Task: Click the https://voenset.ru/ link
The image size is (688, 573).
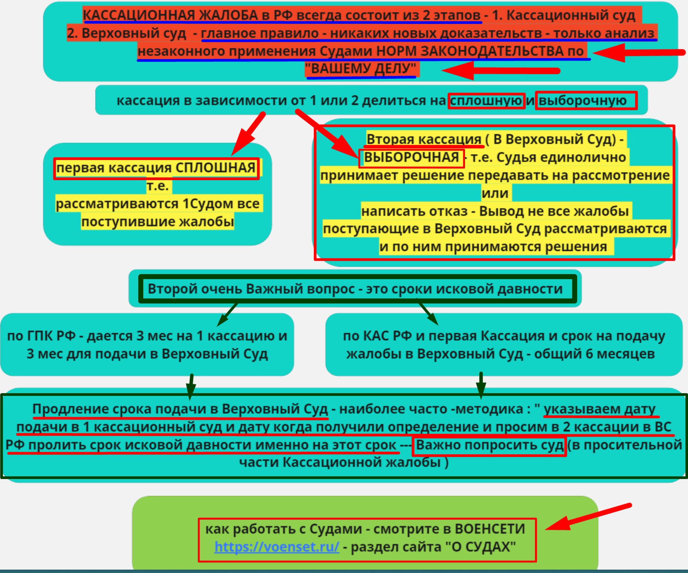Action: [x=277, y=547]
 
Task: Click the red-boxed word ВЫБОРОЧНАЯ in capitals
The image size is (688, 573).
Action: [x=411, y=158]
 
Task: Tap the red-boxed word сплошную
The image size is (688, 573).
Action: [x=486, y=101]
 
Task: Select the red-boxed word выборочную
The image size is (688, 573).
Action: [x=583, y=101]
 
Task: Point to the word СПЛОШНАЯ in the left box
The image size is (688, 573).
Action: [x=215, y=168]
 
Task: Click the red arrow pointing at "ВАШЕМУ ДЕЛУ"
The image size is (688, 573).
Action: [x=500, y=71]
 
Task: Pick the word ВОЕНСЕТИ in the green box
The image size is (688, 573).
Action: [x=490, y=529]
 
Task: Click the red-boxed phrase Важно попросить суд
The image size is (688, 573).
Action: [x=490, y=445]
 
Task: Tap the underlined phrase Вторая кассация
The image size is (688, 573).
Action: [x=424, y=139]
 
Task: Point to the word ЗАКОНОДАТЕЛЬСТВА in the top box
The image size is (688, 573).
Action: [x=492, y=51]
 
